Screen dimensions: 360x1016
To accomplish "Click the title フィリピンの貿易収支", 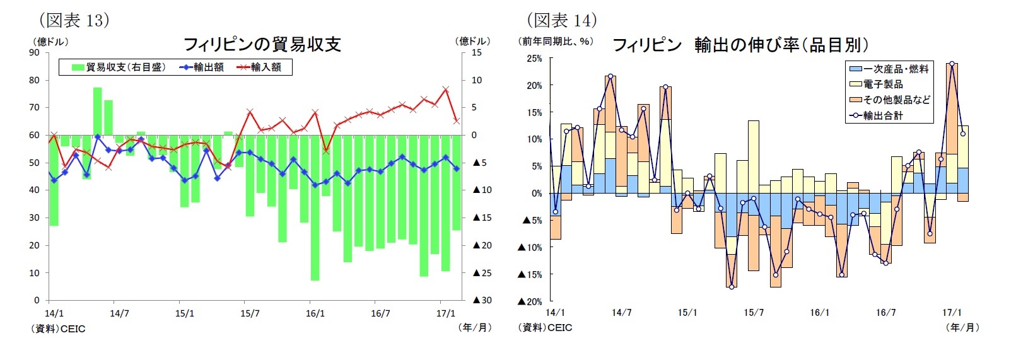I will pos(262,44).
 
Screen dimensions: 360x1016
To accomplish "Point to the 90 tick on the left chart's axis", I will pos(34,52).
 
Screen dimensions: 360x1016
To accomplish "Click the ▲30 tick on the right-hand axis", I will pos(482,300).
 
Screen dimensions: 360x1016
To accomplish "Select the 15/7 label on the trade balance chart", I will pos(250,313).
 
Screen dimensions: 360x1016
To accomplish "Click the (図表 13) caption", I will pos(74,20).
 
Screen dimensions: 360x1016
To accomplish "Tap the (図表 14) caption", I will pos(562,20).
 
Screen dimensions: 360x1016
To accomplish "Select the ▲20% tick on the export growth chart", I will pos(530,301).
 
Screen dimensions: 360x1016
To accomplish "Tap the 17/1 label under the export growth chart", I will pos(952,313).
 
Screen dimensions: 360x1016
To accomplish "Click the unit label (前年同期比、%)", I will pos(555,42).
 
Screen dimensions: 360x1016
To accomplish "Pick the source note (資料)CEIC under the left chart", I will pos(58,328).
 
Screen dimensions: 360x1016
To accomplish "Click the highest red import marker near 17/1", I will pos(446,90).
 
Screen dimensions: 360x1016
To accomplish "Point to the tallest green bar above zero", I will pos(98,111).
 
